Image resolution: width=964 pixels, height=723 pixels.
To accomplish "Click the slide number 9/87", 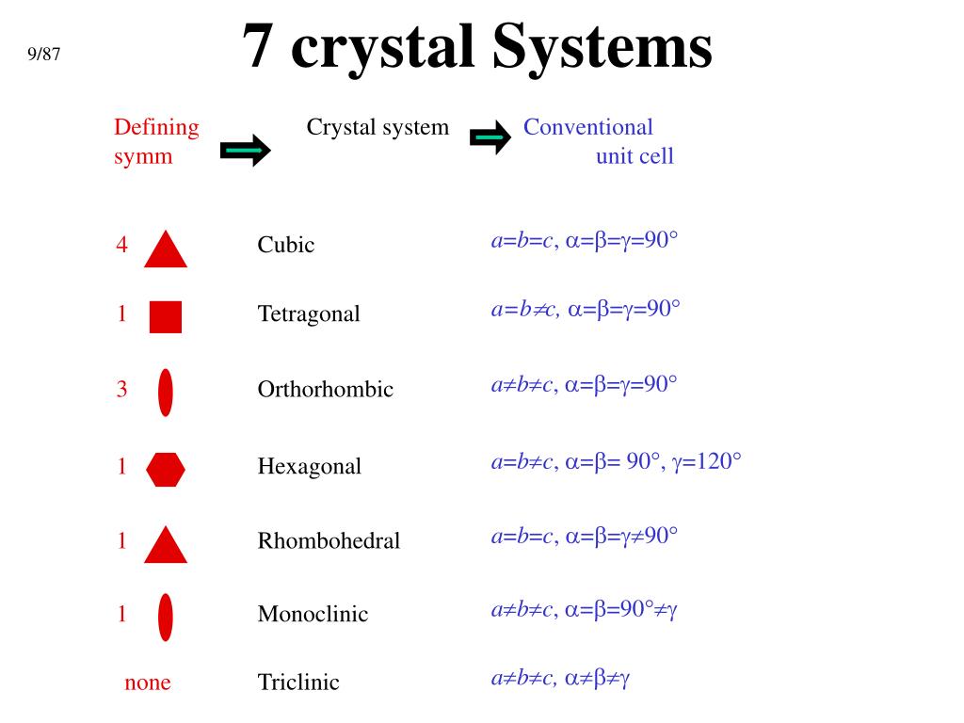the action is pos(43,54).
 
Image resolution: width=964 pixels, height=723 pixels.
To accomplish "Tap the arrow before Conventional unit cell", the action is pos(489,138).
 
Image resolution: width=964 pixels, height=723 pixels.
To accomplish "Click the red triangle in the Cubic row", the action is pos(166,249).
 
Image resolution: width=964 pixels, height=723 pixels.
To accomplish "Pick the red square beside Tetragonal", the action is pos(166,317).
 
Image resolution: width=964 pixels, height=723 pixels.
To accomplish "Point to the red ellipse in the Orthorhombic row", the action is pos(166,392).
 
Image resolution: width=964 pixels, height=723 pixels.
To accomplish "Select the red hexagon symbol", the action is pos(166,468).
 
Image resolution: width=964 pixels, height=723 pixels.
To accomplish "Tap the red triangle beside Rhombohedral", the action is pos(166,545).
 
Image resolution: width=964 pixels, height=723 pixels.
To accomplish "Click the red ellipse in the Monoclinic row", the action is pos(166,617).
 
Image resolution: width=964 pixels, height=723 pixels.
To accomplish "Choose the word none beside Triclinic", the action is pos(148,683).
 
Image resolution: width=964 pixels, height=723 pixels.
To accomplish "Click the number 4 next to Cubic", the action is pos(121,245).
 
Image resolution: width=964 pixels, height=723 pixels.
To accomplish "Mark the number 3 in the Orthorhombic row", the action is pos(121,389).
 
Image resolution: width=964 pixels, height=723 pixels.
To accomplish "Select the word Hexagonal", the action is pos(309,466).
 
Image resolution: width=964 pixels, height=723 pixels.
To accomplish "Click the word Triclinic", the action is pos(298,683).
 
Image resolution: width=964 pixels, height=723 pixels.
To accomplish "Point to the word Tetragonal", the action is pos(309,313).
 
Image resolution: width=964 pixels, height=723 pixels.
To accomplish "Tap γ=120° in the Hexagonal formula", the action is pos(707,461).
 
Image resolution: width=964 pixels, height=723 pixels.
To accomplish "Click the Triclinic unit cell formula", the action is pos(559,678).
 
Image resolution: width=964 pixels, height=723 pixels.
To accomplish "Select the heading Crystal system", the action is pos(378,127).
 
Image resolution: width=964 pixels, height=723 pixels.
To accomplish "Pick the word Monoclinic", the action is pos(313,615).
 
